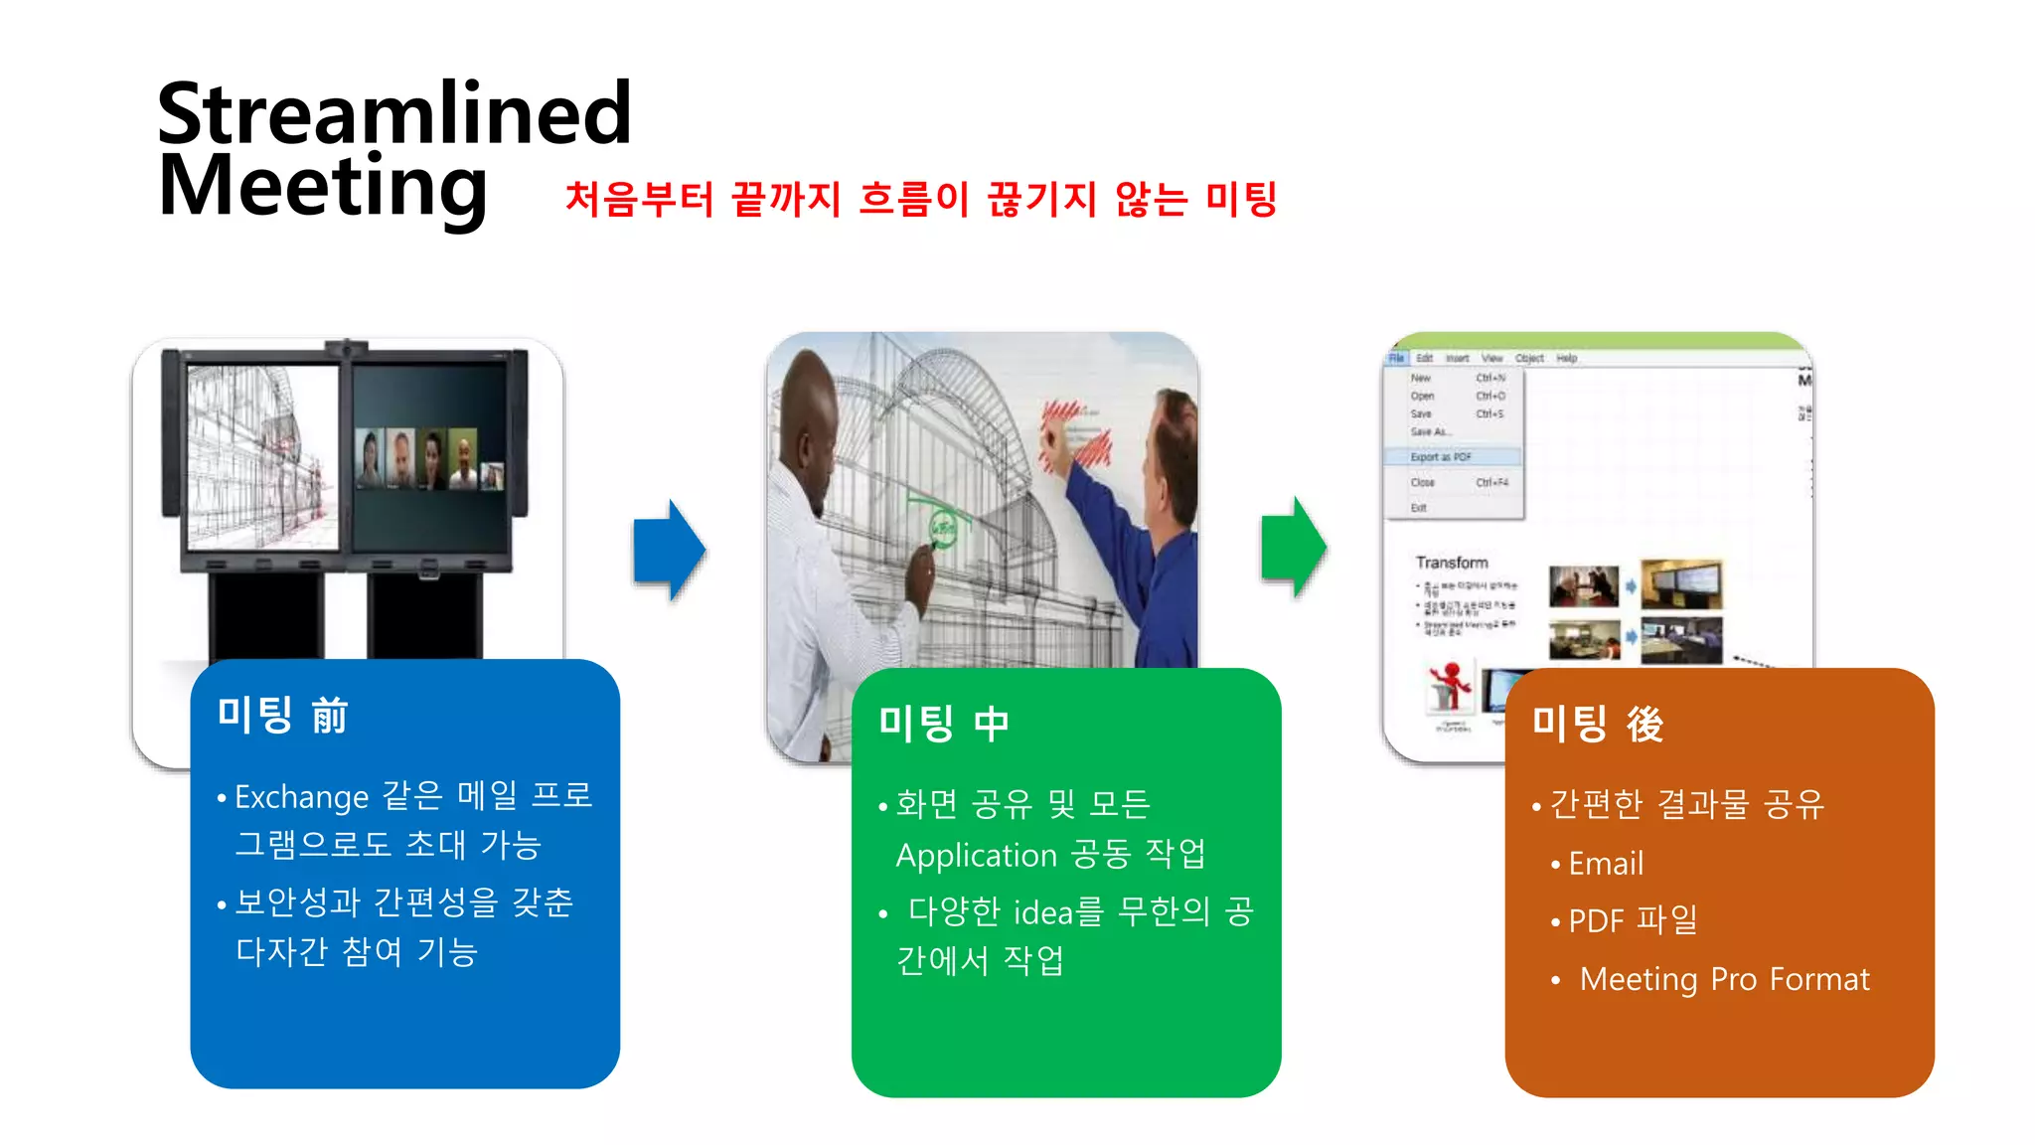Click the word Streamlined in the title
393,113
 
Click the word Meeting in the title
323,187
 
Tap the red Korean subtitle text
920,199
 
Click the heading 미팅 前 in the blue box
282,715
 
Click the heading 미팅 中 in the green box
944,723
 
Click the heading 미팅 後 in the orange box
1597,724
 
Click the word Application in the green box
976,855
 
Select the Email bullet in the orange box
1605,864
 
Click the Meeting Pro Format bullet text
1724,979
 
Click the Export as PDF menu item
1441,457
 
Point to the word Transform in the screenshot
1452,563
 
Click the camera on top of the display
346,348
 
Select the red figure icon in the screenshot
1451,684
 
